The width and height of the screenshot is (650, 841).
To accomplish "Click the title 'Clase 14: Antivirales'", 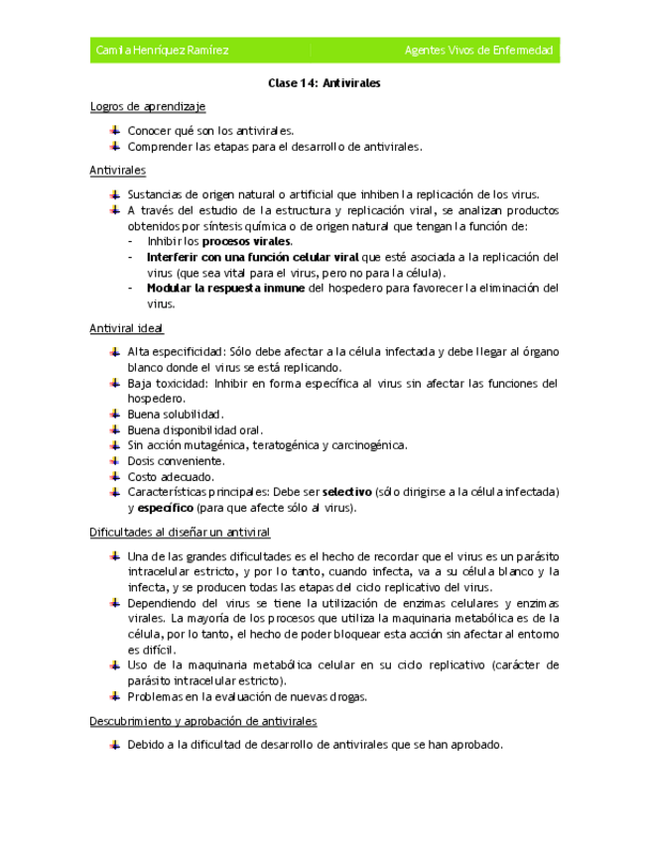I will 325,83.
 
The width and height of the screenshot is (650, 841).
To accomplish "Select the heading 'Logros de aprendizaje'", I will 148,106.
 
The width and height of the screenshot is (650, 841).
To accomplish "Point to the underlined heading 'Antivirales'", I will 117,171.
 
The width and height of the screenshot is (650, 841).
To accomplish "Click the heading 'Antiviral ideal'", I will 126,327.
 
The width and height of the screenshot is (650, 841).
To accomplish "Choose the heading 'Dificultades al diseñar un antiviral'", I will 180,533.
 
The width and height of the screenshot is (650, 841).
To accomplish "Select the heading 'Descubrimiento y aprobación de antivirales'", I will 202,721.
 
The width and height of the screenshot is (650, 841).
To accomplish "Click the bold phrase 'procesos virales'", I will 247,241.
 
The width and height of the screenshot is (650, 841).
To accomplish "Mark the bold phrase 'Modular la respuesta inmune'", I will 227,289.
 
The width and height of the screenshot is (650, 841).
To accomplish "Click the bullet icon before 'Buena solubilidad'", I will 115,414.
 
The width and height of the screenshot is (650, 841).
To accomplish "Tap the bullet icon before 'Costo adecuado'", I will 115,476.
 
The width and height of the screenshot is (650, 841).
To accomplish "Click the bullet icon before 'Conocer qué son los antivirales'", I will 115,130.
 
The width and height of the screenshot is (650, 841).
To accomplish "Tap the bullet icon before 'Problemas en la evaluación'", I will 115,696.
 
